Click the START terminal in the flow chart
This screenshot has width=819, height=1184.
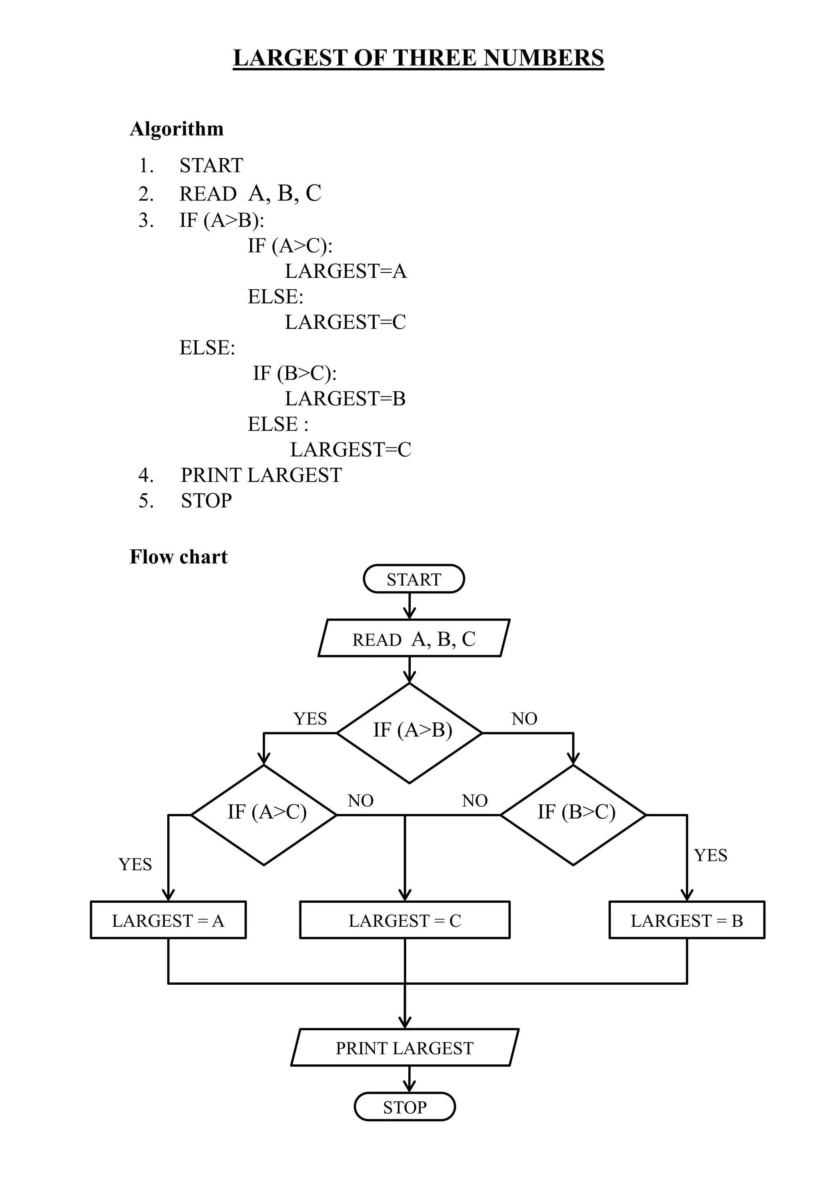[413, 579]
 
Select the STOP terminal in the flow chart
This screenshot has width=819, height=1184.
[404, 1107]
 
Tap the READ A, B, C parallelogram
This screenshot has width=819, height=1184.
[413, 639]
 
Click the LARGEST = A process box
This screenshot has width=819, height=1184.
[168, 921]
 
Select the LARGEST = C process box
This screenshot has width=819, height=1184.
[404, 921]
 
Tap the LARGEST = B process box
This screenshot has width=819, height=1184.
[687, 921]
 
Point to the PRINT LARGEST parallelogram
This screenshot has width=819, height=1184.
[404, 1048]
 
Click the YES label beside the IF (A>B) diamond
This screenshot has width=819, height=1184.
[310, 719]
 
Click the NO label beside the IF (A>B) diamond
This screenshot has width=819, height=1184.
[524, 719]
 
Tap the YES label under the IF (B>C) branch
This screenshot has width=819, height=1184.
[710, 855]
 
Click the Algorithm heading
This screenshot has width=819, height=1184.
[176, 129]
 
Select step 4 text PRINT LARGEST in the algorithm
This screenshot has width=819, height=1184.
[261, 475]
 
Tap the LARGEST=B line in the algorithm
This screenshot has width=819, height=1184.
[345, 399]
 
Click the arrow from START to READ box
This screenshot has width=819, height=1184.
[409, 606]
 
